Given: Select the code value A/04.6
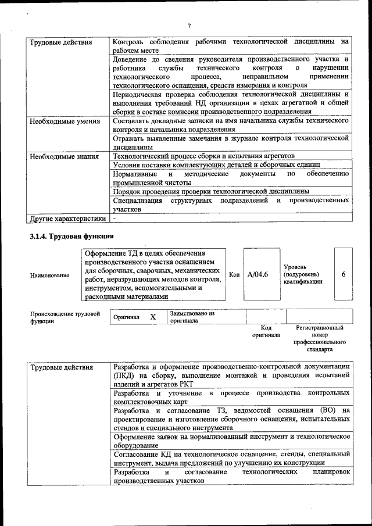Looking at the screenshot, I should coord(257,274).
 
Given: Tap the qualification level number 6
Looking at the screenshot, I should coord(344,274).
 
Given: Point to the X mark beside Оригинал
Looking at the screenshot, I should coord(153,317).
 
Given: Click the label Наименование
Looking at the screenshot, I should coord(49,275).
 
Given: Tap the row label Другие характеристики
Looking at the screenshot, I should coord(67,219).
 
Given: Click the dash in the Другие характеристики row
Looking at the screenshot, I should coord(115,219).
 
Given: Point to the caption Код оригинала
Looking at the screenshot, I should coord(266,331).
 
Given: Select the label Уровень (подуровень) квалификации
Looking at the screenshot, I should coord(301,274).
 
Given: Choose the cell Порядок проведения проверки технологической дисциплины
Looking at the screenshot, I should coord(211,191).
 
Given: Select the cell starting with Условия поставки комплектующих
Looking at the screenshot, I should coord(219,165).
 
